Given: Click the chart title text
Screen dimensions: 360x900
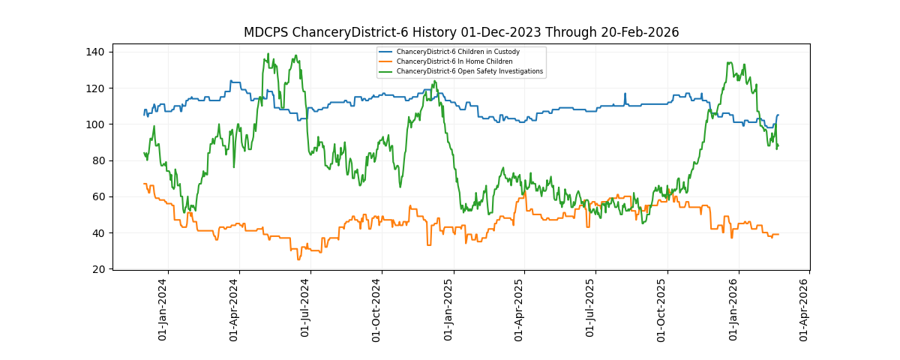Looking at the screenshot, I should pos(461,32).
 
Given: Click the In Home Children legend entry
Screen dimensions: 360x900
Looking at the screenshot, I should pos(454,61).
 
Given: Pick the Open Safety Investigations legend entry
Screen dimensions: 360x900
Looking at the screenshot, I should pos(469,71).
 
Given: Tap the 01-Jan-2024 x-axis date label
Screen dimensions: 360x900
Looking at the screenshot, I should pos(163,309).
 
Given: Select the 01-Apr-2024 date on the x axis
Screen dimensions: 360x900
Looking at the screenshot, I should pos(234,309).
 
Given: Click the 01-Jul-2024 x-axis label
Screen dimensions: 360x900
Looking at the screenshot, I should pos(305,309).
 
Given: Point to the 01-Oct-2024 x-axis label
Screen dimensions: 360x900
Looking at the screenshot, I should pos(377,309).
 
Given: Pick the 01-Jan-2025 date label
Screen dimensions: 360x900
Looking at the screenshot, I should pos(448,309).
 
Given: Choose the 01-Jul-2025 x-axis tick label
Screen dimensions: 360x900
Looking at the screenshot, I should pos(590,309).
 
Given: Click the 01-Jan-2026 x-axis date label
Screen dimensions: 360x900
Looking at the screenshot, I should pos(733,309).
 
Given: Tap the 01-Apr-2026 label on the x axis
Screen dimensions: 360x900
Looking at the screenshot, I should pos(804,309).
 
